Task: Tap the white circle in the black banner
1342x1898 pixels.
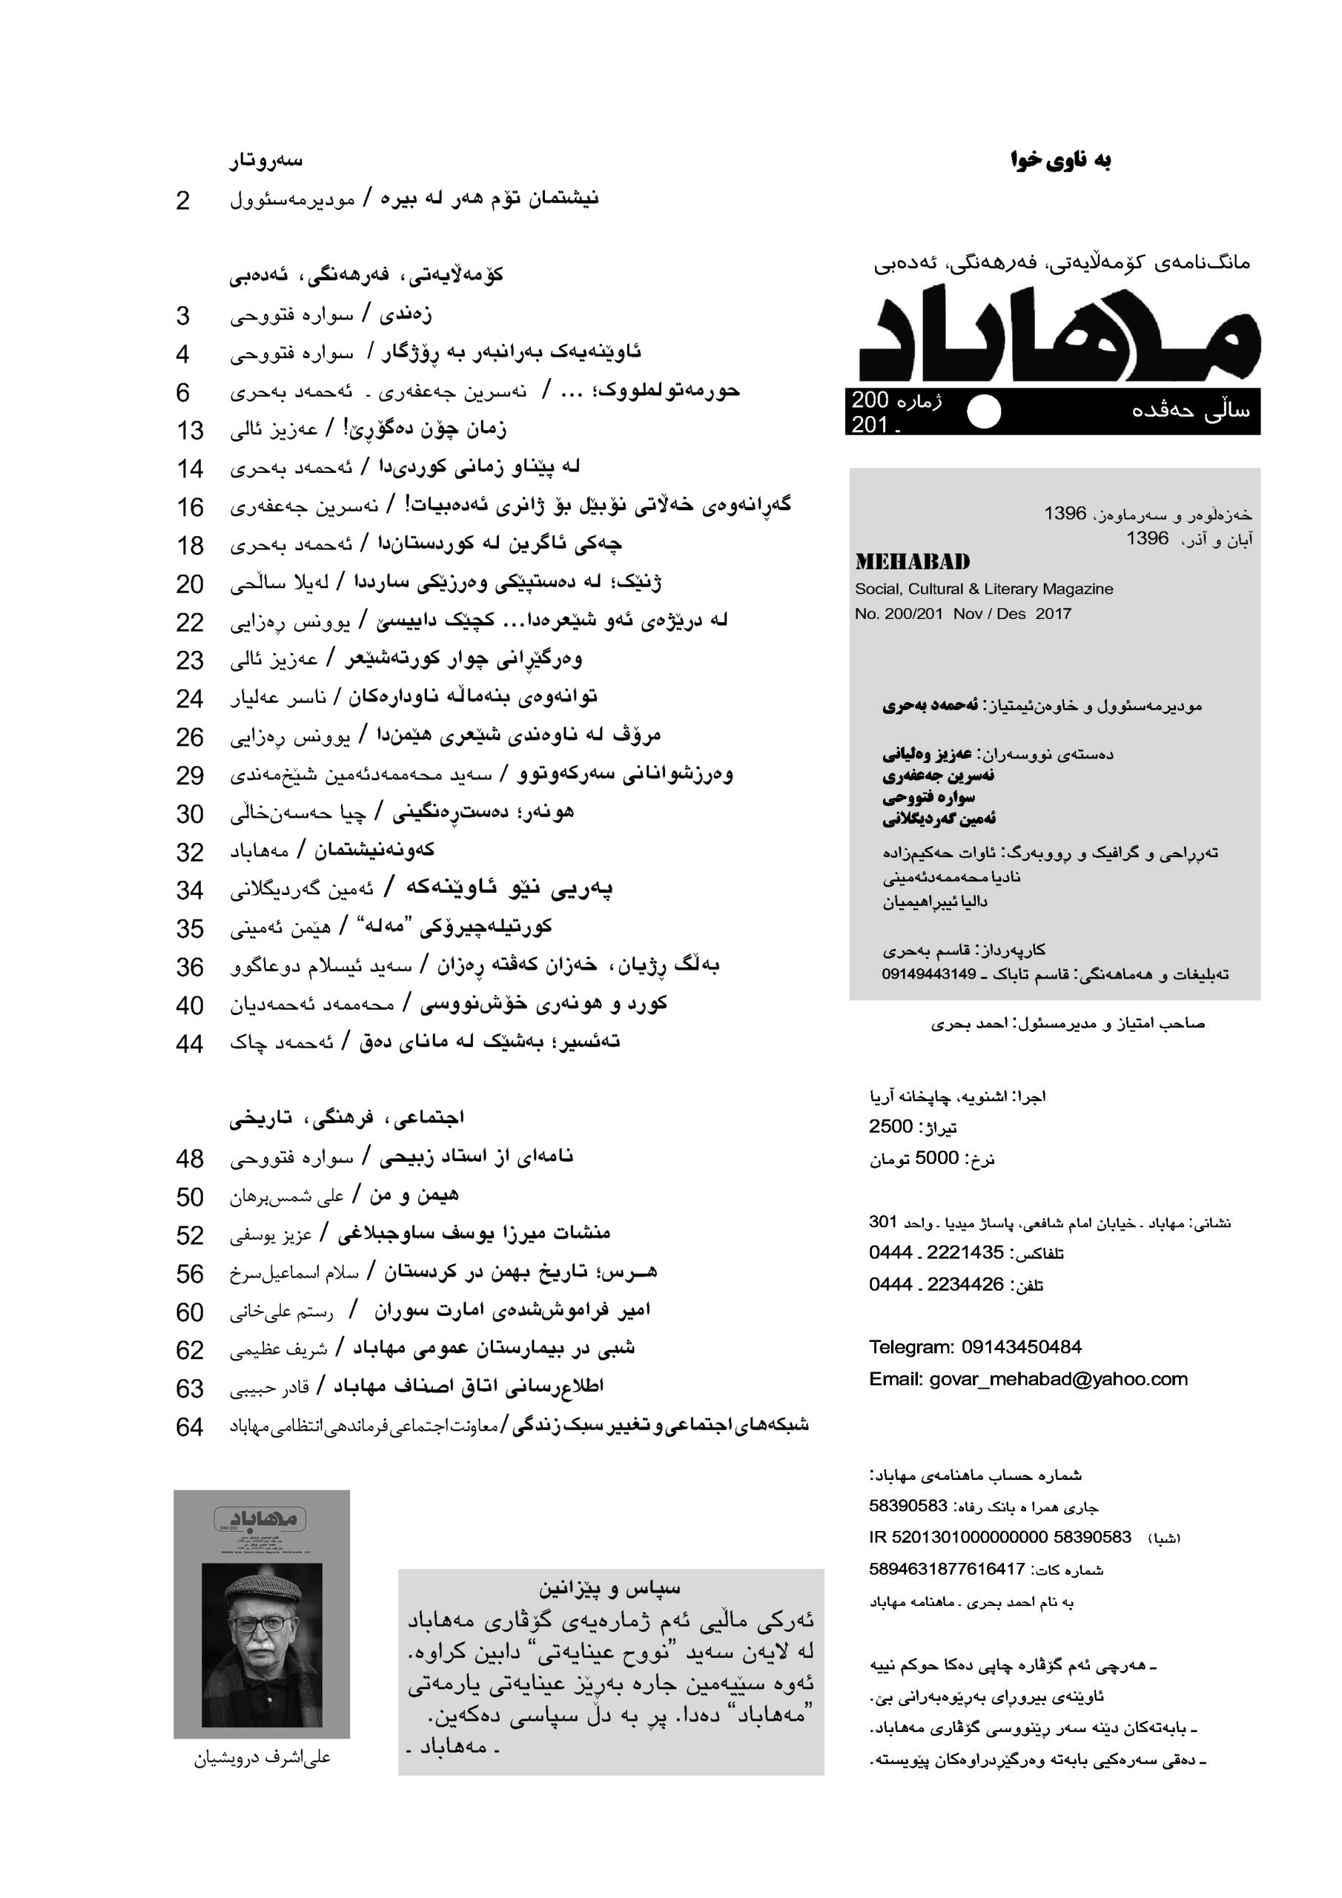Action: [x=984, y=411]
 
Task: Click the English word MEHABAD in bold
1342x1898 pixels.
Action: [x=913, y=562]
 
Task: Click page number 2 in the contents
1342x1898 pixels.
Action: [x=182, y=201]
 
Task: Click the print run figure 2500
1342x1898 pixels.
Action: [x=890, y=1127]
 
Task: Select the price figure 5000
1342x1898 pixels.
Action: [x=937, y=1158]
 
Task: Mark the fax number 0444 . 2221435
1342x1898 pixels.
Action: [x=936, y=1252]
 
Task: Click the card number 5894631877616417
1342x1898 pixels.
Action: [x=947, y=1569]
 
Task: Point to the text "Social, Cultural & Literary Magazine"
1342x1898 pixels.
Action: [x=984, y=589]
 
